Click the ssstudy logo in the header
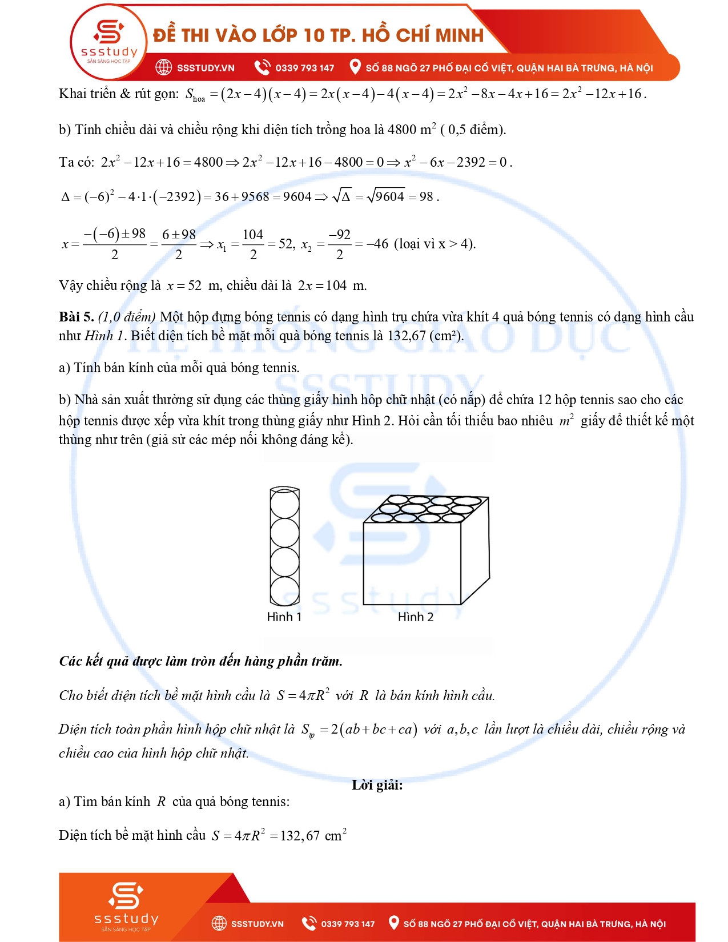point(108,42)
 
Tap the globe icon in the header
point(164,67)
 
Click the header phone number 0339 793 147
point(304,68)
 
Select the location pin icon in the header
point(355,67)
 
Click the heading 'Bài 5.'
point(76,317)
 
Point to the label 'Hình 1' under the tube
point(284,617)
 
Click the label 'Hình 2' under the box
point(415,617)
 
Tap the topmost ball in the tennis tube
point(284,503)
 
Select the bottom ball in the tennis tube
point(284,591)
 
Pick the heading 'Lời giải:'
point(377,785)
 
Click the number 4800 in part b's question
point(401,130)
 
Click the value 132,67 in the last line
point(299,836)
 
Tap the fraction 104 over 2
point(253,244)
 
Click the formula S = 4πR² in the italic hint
point(303,695)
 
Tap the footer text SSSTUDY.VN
point(257,924)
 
